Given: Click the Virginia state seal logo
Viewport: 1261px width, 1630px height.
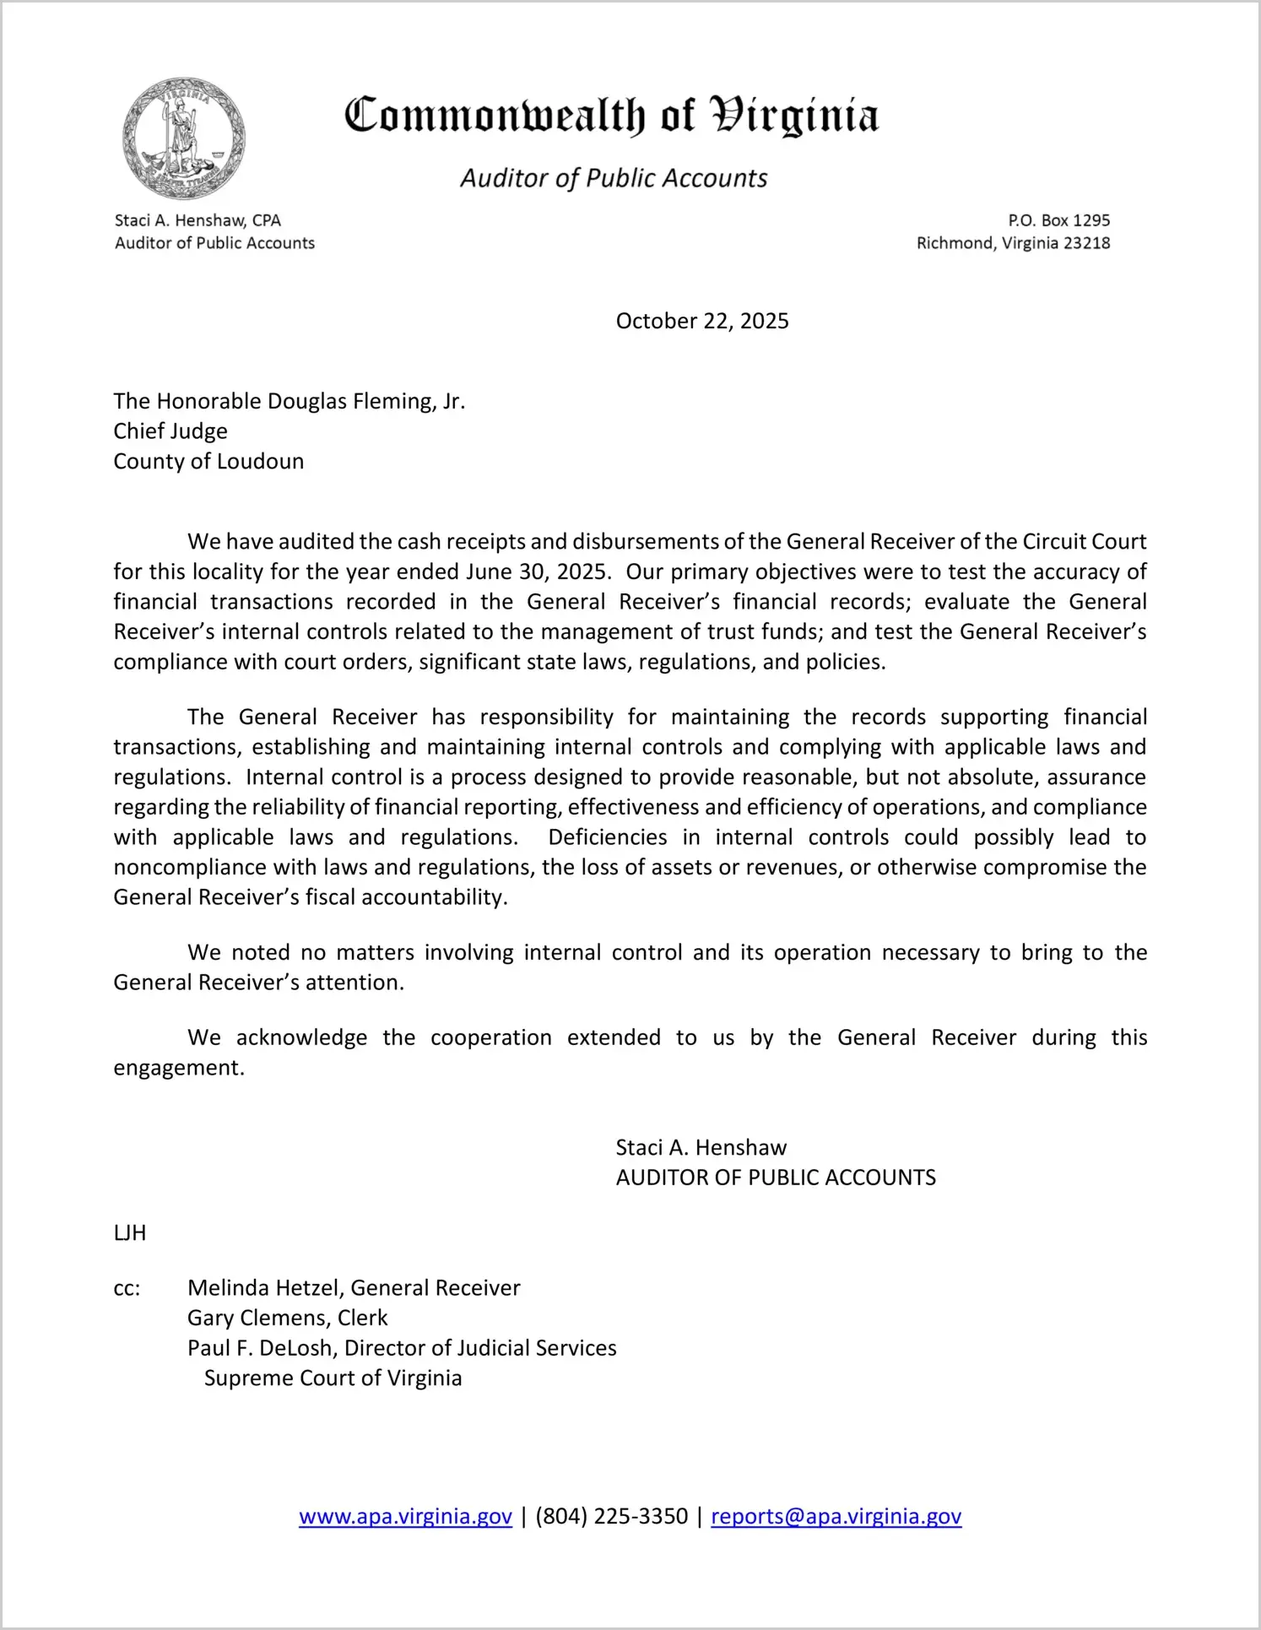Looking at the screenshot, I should coord(183,139).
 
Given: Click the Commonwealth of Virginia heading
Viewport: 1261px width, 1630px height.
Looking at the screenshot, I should coord(611,116).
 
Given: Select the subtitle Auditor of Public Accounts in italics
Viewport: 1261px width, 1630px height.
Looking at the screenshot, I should coord(614,179).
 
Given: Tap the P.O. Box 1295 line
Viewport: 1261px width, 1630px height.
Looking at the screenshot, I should coord(1058,220).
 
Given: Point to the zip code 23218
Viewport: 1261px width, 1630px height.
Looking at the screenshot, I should coord(1086,243).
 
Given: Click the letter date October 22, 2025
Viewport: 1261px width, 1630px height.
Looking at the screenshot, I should coord(701,322).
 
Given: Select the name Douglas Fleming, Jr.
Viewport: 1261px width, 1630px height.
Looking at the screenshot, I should coord(365,401).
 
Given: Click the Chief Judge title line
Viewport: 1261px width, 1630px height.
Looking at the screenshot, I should coord(170,431).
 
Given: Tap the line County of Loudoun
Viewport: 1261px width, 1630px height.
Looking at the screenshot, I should coord(208,462).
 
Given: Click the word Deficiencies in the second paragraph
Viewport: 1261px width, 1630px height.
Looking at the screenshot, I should coord(607,837).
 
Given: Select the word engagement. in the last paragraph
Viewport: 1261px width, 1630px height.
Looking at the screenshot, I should coord(179,1068).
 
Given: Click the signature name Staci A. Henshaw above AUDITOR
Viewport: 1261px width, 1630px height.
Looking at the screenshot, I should coord(701,1148).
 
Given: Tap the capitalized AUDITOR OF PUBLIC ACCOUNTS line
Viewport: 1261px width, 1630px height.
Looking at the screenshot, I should coord(775,1178).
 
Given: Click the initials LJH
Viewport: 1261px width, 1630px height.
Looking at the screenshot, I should coord(130,1233).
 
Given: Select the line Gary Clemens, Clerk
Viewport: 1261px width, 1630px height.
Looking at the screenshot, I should coord(287,1319).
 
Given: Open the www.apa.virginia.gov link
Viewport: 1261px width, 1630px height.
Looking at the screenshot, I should coord(405,1517).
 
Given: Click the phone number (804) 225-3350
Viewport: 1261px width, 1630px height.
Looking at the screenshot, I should coord(611,1517).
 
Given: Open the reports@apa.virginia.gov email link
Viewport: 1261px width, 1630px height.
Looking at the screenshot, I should coord(836,1517).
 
